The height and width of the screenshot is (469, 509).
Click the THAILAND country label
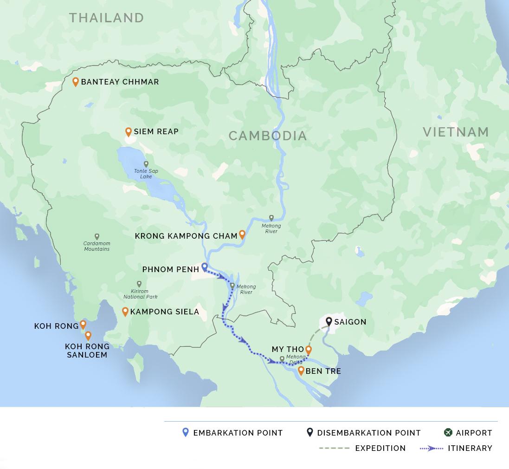(x=106, y=18)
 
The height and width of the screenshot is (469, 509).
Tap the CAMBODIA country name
(x=268, y=136)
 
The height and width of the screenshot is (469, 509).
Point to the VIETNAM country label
(x=456, y=132)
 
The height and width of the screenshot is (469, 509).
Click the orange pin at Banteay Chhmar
(x=76, y=82)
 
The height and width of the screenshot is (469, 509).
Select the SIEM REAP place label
(x=156, y=132)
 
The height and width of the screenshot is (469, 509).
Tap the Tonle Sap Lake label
(x=146, y=174)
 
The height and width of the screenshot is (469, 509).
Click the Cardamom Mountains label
(x=97, y=246)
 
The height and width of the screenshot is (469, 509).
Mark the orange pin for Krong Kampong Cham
(x=242, y=234)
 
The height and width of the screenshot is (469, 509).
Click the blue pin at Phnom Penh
(x=204, y=267)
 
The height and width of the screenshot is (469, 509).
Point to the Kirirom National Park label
(x=140, y=294)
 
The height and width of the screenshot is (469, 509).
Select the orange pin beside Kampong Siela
(x=125, y=311)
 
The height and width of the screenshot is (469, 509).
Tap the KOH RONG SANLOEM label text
(x=87, y=351)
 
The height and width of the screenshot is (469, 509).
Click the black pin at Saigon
(x=329, y=321)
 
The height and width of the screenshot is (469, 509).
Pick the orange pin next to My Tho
(x=308, y=349)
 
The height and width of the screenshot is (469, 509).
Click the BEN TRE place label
(x=323, y=371)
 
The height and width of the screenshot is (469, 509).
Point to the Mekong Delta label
(x=296, y=359)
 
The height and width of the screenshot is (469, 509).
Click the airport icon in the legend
(x=448, y=433)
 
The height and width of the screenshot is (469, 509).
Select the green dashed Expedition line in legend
(x=334, y=448)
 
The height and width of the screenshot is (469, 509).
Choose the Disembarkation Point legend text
(x=368, y=433)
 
